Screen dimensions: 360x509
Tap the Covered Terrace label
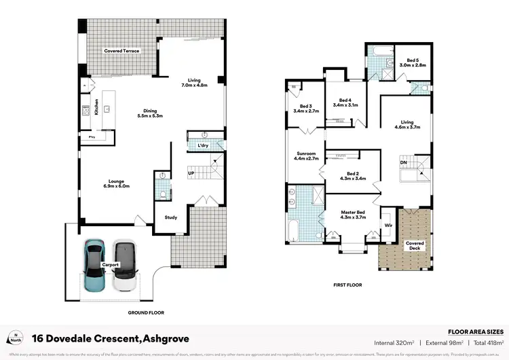pyautogui.click(x=121, y=51)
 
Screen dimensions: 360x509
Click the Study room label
pyautogui.click(x=171, y=217)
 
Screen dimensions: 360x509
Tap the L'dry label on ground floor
pyautogui.click(x=203, y=146)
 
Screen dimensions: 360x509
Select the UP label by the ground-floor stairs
pyautogui.click(x=191, y=173)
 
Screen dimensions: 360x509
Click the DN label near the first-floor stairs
pyautogui.click(x=403, y=162)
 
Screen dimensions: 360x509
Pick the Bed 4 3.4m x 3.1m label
pyautogui.click(x=345, y=103)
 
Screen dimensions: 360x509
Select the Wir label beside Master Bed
pyautogui.click(x=388, y=224)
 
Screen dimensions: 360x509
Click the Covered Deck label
pyautogui.click(x=415, y=246)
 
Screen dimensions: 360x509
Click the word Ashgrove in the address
pyautogui.click(x=165, y=338)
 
